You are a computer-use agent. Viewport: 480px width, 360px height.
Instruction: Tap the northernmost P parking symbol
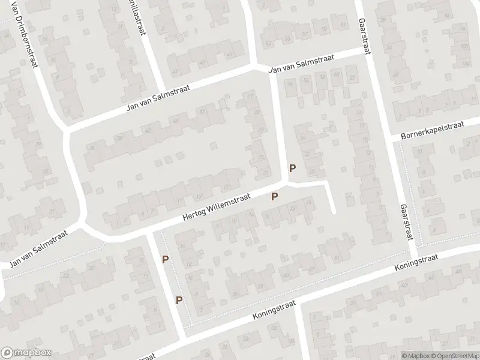pos(293,169)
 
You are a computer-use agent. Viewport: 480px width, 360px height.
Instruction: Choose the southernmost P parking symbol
pos(179,300)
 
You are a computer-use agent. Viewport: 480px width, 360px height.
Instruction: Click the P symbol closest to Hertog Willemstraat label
pos(275,196)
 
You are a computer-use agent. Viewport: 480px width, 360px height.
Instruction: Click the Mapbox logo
pos(26,353)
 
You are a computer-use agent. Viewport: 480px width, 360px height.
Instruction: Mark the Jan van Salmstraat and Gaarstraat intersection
pos(366,52)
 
